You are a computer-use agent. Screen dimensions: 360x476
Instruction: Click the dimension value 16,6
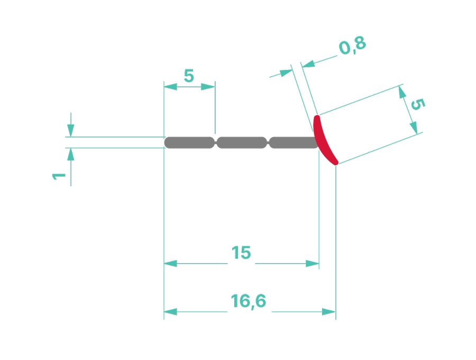[x=248, y=301]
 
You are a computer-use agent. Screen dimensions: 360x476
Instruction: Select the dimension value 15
[x=241, y=253]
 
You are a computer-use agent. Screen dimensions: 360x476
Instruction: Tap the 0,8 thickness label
[x=352, y=47]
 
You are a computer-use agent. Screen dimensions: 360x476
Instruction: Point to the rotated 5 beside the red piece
[x=417, y=104]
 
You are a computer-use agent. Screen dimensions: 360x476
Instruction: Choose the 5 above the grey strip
[x=189, y=76]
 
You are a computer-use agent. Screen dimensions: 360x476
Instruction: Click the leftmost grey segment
[x=189, y=142]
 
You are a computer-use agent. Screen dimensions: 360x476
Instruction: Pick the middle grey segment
[x=242, y=142]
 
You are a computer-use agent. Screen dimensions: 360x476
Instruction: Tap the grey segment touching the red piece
[x=292, y=142]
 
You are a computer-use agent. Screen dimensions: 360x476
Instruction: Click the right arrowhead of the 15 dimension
[x=313, y=263]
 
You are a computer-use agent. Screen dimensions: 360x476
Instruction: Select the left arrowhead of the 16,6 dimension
[x=170, y=312]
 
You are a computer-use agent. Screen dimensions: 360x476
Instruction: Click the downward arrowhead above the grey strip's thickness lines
[x=71, y=130]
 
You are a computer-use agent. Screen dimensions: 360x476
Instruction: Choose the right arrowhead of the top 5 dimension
[x=209, y=86]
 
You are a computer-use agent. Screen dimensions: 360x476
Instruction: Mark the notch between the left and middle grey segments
[x=216, y=142]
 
